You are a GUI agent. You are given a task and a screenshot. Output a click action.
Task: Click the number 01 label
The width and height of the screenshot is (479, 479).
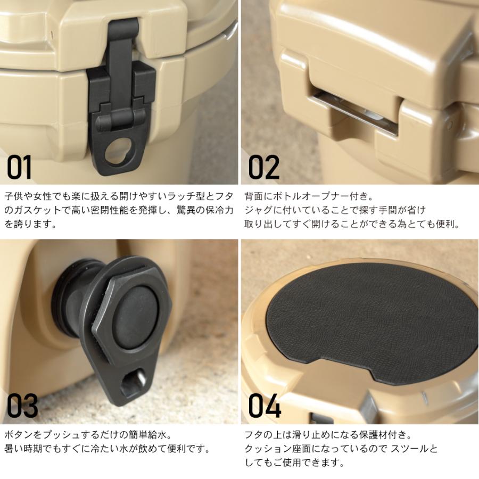tap(20, 167)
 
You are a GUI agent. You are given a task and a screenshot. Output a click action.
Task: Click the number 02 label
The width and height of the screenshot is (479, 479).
tap(264, 167)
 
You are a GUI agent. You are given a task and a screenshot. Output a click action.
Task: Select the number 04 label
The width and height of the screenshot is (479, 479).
tap(265, 406)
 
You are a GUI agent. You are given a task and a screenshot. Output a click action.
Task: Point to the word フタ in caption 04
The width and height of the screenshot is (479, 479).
tap(253, 434)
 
